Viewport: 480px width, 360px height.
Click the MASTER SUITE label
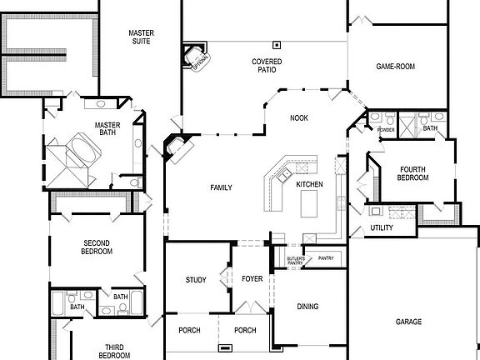point(141,38)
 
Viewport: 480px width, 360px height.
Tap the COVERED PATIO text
point(267,66)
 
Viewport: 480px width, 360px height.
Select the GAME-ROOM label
point(395,67)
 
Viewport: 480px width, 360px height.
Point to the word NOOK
point(299,118)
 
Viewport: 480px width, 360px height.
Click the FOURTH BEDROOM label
point(412,173)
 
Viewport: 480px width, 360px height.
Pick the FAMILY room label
point(221,187)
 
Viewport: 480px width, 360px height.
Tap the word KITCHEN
point(309,183)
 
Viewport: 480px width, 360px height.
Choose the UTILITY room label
point(382,228)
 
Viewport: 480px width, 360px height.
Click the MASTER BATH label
point(108,130)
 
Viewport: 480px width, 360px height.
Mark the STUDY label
point(196,280)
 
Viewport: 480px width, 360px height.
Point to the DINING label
point(307,307)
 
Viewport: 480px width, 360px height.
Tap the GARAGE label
point(408,322)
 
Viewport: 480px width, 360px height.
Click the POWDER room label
point(386,130)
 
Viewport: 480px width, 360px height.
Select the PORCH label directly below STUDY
point(190,330)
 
